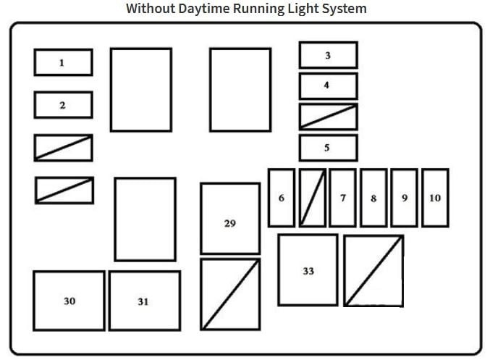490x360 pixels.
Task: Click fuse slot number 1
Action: [64, 62]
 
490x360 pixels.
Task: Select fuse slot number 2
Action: [64, 105]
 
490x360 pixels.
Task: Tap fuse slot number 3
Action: [329, 55]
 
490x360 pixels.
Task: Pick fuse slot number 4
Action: [329, 86]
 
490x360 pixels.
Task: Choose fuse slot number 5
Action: [329, 148]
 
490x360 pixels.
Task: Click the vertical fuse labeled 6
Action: [282, 198]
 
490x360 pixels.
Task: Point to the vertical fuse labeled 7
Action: [343, 198]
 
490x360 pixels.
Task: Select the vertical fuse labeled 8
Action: [373, 198]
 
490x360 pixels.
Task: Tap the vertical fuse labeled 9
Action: [405, 198]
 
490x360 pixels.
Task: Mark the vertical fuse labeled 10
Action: [435, 198]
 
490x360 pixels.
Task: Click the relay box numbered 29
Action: [230, 219]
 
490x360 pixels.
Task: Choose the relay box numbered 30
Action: [69, 301]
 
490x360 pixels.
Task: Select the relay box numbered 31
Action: [145, 301]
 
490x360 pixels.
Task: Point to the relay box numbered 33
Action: [308, 269]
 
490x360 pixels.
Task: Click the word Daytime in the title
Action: [204, 9]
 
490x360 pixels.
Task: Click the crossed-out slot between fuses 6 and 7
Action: [313, 198]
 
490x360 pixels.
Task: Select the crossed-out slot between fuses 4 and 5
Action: [329, 117]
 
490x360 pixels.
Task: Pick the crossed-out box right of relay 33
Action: [373, 271]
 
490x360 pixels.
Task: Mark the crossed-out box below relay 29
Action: [230, 294]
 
